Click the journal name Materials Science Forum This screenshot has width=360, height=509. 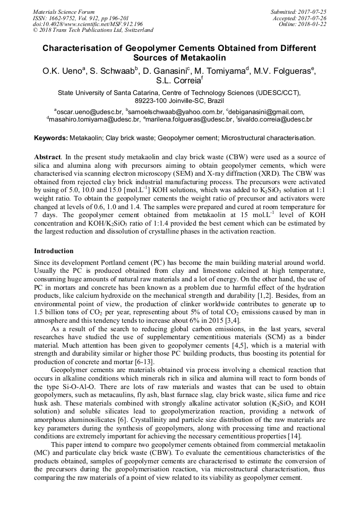tap(64, 11)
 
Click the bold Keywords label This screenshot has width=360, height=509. tap(51, 138)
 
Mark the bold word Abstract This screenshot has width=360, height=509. tap(48, 158)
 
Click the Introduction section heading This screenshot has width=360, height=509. tap(54, 251)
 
